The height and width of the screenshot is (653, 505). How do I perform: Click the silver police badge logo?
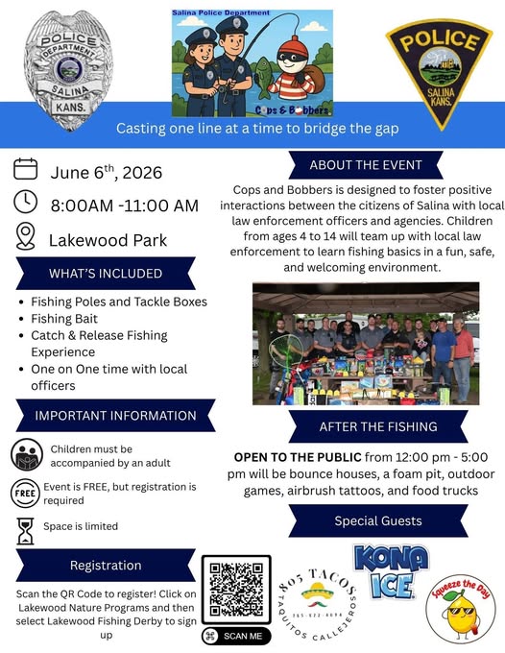pyautogui.click(x=67, y=63)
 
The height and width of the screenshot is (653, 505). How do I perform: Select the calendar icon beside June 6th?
pyautogui.click(x=26, y=171)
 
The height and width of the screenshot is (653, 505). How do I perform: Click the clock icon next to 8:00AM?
pyautogui.click(x=26, y=204)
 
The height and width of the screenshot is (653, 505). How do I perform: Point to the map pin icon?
pyautogui.click(x=26, y=236)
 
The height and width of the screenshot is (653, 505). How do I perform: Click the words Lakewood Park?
pyautogui.click(x=108, y=238)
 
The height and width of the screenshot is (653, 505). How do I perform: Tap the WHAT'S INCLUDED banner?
pyautogui.click(x=106, y=274)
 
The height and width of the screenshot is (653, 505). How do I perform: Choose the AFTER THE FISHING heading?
pyautogui.click(x=378, y=426)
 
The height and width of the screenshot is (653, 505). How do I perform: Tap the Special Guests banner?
pyautogui.click(x=378, y=521)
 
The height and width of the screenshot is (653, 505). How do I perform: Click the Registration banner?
pyautogui.click(x=106, y=566)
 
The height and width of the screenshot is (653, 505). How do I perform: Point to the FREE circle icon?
pyautogui.click(x=26, y=493)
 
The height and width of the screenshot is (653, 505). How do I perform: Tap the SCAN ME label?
pyautogui.click(x=236, y=636)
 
